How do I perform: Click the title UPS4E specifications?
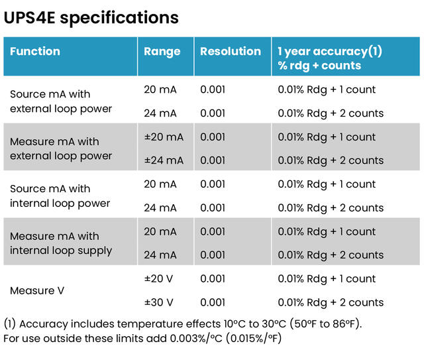91,17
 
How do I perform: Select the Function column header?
35,52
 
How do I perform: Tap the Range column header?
162,52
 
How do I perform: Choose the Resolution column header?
231,52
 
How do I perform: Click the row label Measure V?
38,290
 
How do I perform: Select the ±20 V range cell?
159,279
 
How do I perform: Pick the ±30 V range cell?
159,302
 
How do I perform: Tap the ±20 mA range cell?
164,137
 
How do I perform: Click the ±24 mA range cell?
164,160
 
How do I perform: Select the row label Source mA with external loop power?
61,101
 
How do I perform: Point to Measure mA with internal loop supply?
61,243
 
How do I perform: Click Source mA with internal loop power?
60,196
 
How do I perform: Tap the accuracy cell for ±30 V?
331,302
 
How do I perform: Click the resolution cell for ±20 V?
213,279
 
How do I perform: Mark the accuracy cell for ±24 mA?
331,160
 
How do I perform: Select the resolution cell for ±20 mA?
213,137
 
